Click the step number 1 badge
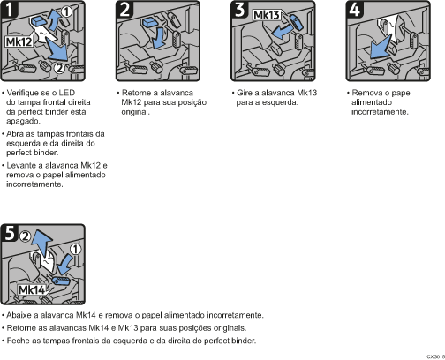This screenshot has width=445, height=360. [x=10, y=9]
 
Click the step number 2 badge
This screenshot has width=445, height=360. [x=124, y=9]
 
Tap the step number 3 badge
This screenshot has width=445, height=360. [x=239, y=9]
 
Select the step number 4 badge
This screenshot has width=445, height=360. [x=355, y=9]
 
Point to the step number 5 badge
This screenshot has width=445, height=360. [x=10, y=232]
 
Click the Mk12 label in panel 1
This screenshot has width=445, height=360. [x=19, y=41]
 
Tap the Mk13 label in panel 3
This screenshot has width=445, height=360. [x=267, y=15]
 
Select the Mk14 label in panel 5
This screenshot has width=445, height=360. [x=32, y=290]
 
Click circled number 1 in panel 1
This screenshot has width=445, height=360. [x=66, y=12]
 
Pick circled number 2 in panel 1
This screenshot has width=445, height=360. [x=59, y=68]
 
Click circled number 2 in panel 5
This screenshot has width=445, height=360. [x=26, y=236]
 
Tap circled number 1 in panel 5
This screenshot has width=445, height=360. [x=76, y=249]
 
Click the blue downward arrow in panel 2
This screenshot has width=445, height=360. [x=159, y=39]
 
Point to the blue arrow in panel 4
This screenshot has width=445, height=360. [x=381, y=47]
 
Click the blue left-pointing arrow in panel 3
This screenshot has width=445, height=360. [x=282, y=32]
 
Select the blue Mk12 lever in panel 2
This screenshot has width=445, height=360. [x=150, y=22]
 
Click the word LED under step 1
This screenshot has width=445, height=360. [x=67, y=93]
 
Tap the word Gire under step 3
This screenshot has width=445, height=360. [x=245, y=93]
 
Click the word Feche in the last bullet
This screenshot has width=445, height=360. [x=17, y=341]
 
